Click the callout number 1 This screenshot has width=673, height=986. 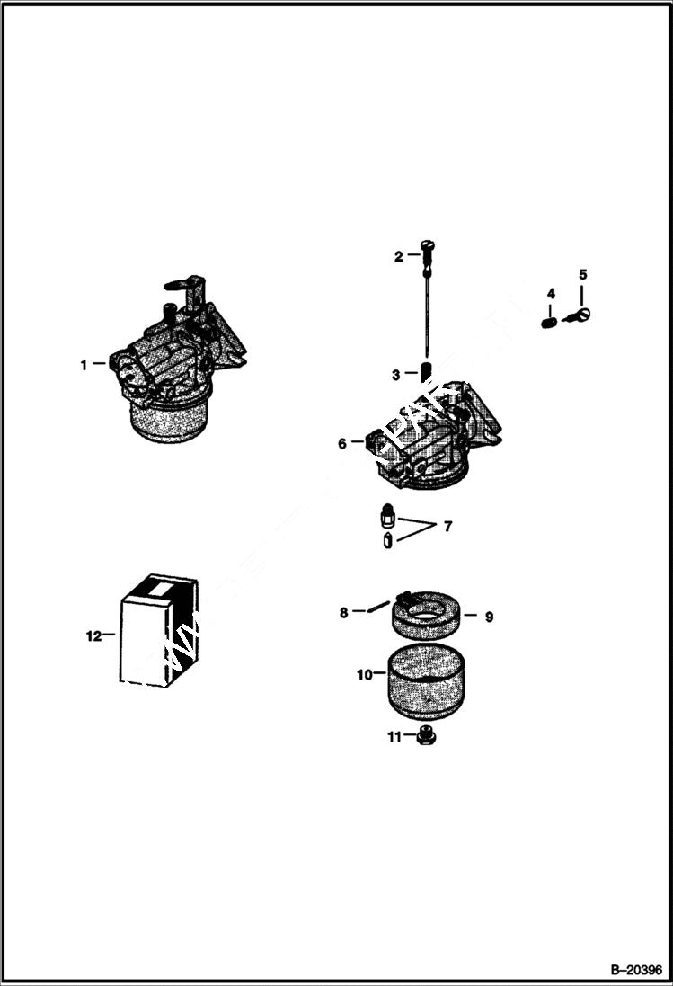(84, 365)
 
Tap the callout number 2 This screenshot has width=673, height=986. (399, 256)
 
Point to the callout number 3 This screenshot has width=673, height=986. (395, 373)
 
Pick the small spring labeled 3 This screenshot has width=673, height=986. (428, 371)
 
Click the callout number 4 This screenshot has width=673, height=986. (551, 293)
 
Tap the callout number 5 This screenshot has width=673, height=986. (581, 274)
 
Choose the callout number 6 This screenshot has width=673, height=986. (342, 443)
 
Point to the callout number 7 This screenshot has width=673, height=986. (447, 526)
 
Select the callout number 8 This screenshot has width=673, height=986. (343, 613)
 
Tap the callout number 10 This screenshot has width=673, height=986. (364, 673)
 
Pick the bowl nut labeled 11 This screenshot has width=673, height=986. (425, 738)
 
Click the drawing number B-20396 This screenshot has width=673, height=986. (635, 971)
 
